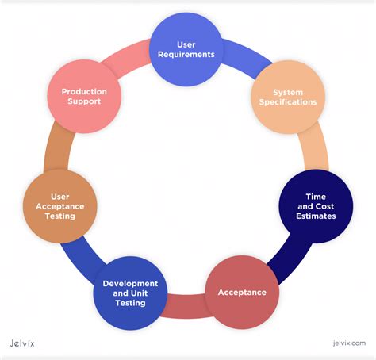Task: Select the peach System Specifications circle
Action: [x=289, y=96]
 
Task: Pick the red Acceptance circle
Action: [x=242, y=291]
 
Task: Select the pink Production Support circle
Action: [x=84, y=97]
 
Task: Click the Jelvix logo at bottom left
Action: [x=27, y=343]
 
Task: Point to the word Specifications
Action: [x=289, y=102]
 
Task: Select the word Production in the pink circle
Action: [x=84, y=91]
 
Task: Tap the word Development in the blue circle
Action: [x=130, y=283]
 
